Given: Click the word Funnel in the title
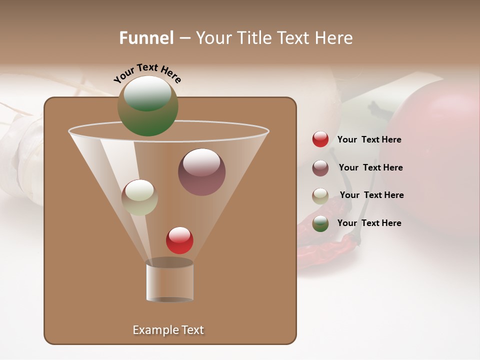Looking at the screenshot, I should (x=146, y=38).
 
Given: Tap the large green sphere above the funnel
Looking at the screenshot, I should (x=148, y=106).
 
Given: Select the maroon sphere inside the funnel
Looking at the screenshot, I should (x=201, y=172).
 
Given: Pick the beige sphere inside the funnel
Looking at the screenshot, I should (x=139, y=197).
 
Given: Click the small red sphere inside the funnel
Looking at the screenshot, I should (x=179, y=240).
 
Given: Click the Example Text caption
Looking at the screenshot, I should (x=168, y=330).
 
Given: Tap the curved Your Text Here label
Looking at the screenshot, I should (x=147, y=72).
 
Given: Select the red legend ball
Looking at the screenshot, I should (x=320, y=139).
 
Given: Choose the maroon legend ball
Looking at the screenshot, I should (x=320, y=168).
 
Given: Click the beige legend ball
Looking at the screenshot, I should (x=320, y=195).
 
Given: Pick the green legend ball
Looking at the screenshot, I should (x=320, y=223).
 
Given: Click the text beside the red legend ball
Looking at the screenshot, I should (x=369, y=140).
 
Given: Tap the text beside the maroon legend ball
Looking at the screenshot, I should (x=370, y=168).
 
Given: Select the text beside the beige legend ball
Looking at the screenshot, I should (x=371, y=195).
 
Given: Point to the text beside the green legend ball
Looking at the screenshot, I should (x=369, y=223).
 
